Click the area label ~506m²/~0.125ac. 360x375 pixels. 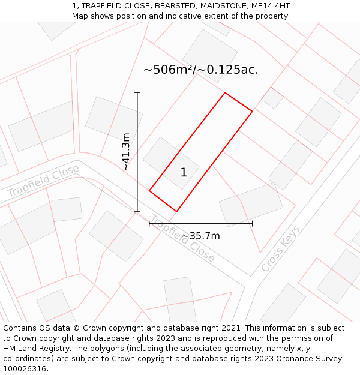coord(200,70)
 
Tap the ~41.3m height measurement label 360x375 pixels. coord(126,152)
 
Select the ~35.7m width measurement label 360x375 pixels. coord(201,236)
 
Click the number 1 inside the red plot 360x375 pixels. coord(184,173)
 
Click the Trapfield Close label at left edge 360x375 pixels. coord(43,182)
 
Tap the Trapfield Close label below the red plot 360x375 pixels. coord(182,239)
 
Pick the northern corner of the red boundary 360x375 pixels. coord(225,93)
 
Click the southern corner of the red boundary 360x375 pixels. coord(176,211)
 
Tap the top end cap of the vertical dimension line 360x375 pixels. coord(137,93)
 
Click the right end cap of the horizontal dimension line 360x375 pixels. coord(252,223)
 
